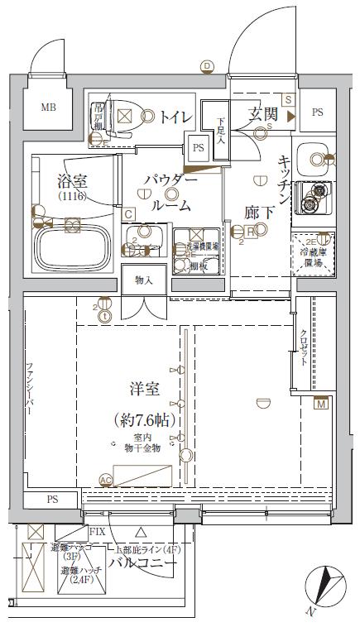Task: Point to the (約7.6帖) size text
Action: (144, 420)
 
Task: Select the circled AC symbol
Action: (104, 480)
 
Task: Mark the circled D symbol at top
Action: (207, 66)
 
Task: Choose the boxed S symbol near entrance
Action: (287, 99)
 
